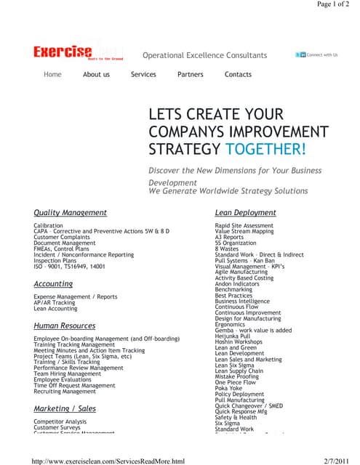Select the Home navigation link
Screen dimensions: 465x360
52,74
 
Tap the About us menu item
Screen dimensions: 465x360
96,74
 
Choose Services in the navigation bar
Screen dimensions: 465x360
143,74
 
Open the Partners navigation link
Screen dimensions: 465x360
191,74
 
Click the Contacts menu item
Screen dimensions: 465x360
238,74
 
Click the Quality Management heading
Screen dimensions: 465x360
70,213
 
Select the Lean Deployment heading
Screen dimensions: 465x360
245,213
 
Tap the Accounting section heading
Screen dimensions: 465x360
53,284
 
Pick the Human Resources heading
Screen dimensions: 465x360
65,326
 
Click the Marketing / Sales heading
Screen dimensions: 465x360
65,409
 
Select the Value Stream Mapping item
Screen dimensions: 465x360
244,231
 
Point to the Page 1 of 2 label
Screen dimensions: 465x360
333,4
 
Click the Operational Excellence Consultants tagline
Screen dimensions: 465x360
204,55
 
